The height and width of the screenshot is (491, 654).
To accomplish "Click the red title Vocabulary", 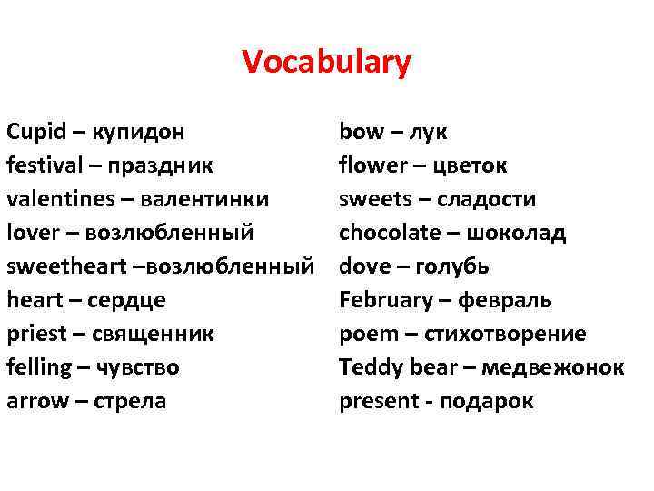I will click(326, 63).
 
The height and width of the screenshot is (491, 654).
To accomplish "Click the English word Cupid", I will click(35, 132).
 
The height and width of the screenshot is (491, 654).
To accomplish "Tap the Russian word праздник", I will click(161, 165).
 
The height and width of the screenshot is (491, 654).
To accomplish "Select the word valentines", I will click(54, 199).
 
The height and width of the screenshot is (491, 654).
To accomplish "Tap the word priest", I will click(36, 334).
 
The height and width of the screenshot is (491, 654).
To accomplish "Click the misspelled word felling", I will click(39, 367).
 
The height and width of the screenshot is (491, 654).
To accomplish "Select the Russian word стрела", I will click(126, 401).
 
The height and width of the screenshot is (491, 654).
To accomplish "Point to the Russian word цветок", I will click(470, 165).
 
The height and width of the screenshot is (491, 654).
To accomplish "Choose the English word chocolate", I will click(387, 233).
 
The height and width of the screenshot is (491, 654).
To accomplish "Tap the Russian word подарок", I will click(487, 401).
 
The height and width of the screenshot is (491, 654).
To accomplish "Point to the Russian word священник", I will click(154, 334).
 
